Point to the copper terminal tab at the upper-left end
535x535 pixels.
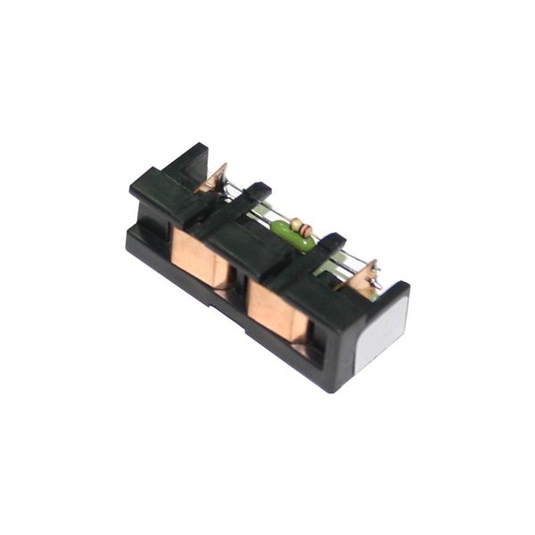(x=213, y=180)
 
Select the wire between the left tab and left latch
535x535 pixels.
(x=234, y=193)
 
